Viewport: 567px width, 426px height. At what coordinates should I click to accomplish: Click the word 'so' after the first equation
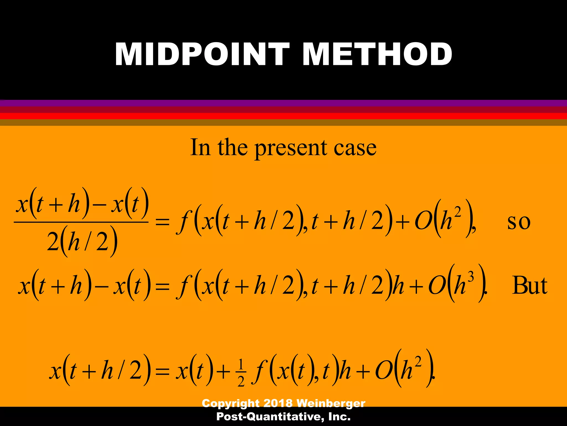tap(519, 222)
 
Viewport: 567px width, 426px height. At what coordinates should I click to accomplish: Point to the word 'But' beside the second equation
tap(530, 285)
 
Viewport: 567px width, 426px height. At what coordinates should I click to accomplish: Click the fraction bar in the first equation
tap(81, 222)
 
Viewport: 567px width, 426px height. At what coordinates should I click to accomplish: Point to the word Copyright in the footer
tap(231, 403)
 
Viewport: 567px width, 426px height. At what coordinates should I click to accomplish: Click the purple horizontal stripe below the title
tap(283, 103)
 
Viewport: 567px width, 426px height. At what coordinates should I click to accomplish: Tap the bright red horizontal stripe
tap(283, 116)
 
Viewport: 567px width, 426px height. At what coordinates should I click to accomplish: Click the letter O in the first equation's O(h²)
tap(423, 222)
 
